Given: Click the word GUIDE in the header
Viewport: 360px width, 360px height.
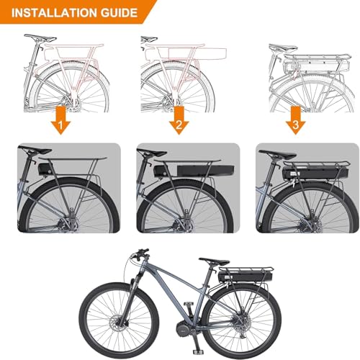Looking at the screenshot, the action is (x=119, y=13).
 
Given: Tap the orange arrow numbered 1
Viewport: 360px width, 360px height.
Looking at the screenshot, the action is (x=60, y=120).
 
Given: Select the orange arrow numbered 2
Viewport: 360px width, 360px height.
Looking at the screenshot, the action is (x=179, y=120).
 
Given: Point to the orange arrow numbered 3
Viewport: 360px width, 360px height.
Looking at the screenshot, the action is (x=295, y=120).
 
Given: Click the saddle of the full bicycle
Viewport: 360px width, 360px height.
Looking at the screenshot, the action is (x=214, y=261).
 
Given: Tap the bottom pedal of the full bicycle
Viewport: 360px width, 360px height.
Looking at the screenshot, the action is (x=198, y=352).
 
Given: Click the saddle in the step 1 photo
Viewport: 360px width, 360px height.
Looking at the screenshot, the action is (x=35, y=150).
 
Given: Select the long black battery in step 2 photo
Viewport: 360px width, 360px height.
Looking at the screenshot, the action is (x=205, y=171).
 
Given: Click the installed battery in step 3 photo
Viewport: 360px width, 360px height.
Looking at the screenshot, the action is (x=315, y=174).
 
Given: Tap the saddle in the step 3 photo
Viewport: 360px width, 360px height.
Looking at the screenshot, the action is (x=277, y=155).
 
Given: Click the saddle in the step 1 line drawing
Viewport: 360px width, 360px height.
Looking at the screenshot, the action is (x=40, y=38).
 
